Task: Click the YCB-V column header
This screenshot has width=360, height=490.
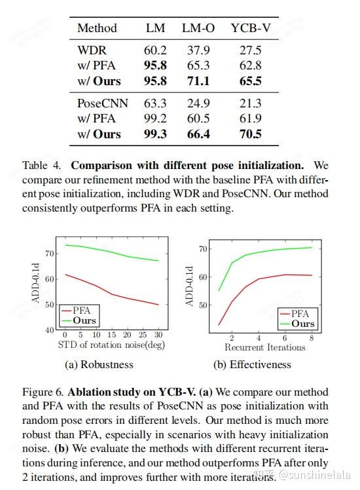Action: [x=246, y=28]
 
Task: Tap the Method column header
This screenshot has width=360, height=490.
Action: [x=97, y=28]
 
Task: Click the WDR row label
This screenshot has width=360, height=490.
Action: [x=91, y=50]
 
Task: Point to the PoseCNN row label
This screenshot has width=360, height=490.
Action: [x=102, y=103]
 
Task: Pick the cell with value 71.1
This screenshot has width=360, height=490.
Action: [x=198, y=81]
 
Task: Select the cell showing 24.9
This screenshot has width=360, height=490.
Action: [x=198, y=103]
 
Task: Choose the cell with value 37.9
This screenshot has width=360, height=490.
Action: [x=198, y=50]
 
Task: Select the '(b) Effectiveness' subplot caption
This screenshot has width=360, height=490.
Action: [x=251, y=364]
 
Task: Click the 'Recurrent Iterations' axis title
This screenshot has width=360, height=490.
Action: [x=265, y=347]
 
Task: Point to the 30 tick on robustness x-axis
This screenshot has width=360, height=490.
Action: [x=158, y=335]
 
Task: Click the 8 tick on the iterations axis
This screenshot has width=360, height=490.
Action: [x=311, y=338]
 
